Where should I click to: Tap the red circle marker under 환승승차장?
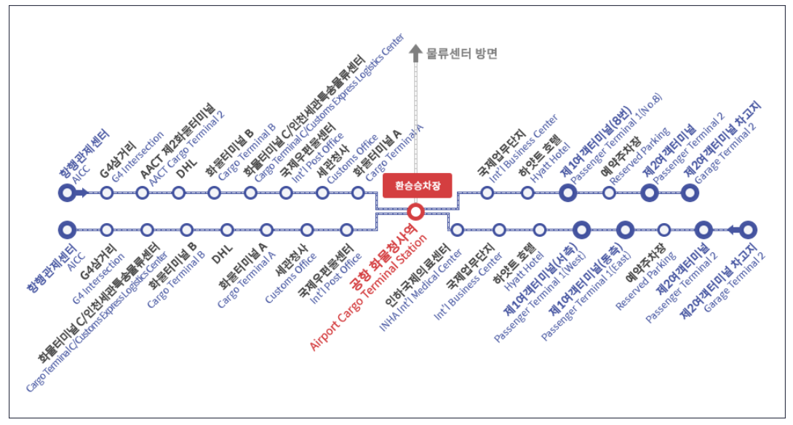[415, 212]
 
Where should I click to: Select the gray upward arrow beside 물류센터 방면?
[415, 52]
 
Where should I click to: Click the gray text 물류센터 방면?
[462, 52]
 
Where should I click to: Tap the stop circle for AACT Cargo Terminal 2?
[143, 193]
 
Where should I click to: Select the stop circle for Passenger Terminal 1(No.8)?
[568, 193]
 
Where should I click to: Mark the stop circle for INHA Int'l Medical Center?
[457, 230]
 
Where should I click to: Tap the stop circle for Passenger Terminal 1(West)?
[581, 230]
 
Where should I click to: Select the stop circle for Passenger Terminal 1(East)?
[624, 230]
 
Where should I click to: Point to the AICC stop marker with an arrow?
[68, 193]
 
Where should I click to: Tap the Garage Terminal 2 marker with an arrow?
[748, 230]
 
